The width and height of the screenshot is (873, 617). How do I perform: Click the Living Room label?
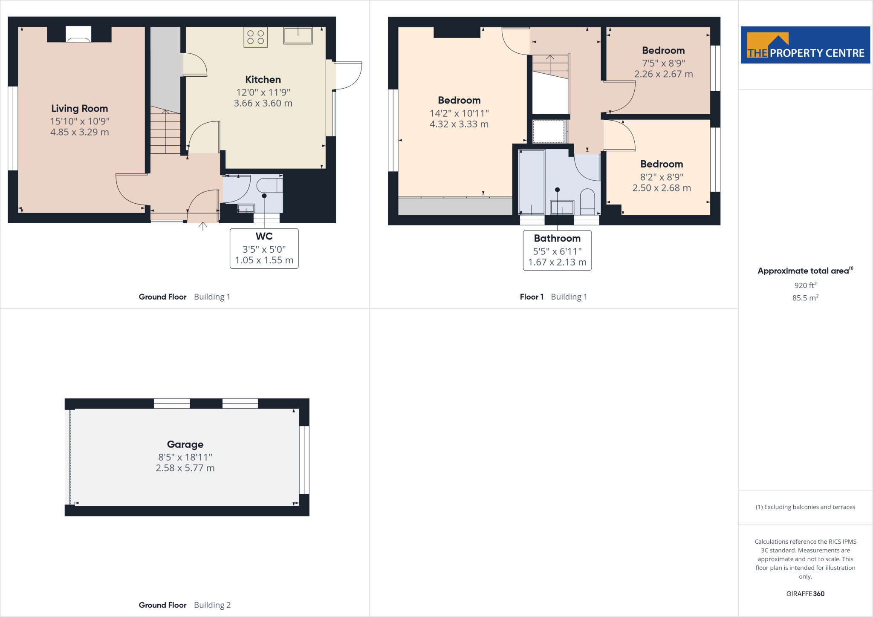[80, 109]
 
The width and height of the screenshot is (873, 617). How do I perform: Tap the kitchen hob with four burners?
[255, 37]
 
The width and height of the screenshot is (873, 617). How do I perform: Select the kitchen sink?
[298, 36]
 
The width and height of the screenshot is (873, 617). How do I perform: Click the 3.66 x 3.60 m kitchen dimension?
[263, 103]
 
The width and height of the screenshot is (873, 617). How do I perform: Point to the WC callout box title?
[264, 236]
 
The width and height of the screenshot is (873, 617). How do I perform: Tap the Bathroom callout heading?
[557, 239]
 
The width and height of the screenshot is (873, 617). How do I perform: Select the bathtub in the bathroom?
[531, 182]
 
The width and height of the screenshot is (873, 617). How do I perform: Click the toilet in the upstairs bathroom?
[587, 202]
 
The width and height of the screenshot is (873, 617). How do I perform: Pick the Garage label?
[185, 444]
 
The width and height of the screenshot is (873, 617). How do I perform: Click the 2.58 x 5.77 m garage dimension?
[185, 468]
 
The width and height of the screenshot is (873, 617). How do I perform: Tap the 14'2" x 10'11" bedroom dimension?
[459, 113]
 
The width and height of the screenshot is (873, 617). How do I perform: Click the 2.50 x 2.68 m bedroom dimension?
[662, 188]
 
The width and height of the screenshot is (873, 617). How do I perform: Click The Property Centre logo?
[805, 45]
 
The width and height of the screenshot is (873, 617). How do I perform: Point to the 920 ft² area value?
[805, 285]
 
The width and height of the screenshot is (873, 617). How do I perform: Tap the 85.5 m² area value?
[805, 298]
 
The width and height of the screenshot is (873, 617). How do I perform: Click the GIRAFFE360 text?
[805, 594]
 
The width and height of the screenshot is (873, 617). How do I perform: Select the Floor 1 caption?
[532, 297]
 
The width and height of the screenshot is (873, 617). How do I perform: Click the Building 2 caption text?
[212, 605]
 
